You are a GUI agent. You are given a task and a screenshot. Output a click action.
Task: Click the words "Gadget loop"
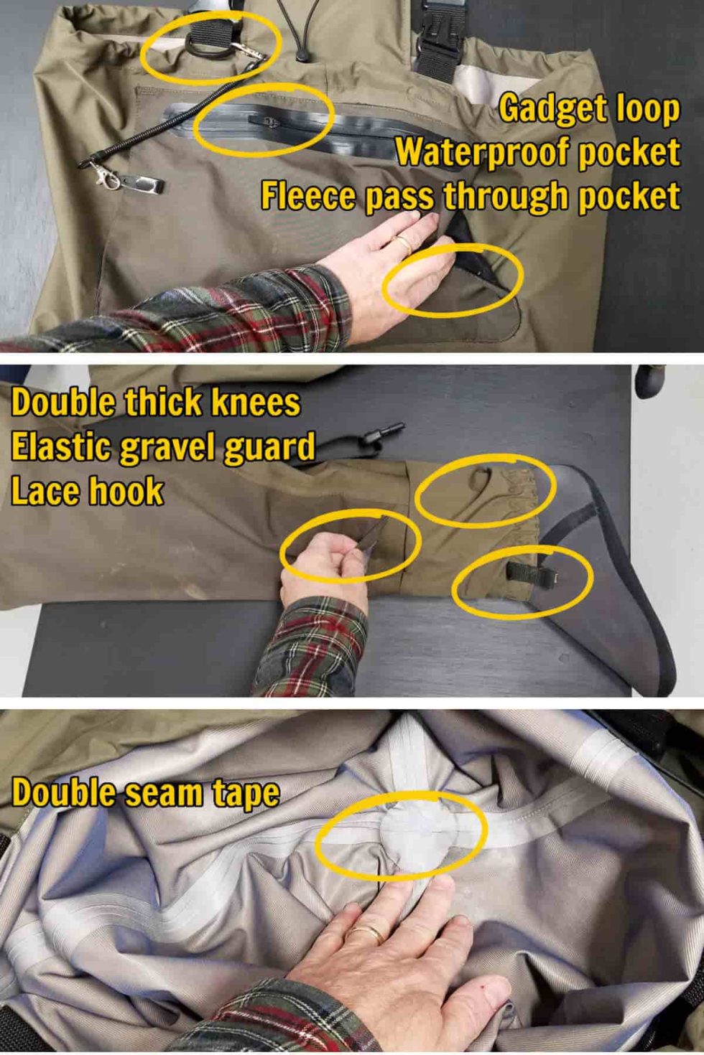click(x=589, y=109)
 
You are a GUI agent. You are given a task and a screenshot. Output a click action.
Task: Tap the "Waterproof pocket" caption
click(x=537, y=152)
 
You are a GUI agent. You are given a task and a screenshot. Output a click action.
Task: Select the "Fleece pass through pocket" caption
click(x=470, y=196)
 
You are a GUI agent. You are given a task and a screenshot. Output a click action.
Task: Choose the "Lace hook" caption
click(x=87, y=492)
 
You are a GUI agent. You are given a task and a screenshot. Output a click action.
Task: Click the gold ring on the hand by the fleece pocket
click(x=402, y=244)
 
